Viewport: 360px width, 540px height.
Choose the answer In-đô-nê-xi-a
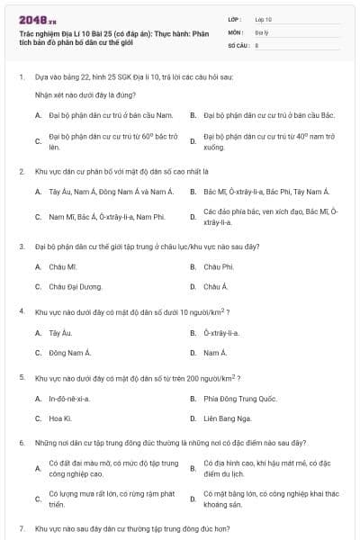click(68, 398)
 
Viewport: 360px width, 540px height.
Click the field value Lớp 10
click(263, 18)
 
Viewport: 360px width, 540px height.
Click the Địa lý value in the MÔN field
click(261, 31)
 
